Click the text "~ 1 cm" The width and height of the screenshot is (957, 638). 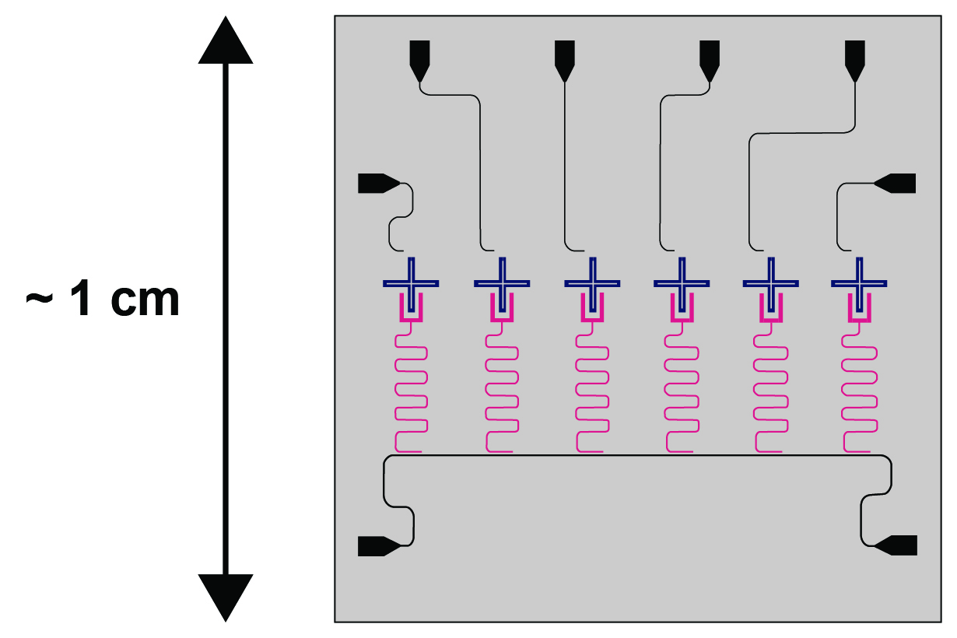103,298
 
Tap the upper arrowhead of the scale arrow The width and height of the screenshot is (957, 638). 226,43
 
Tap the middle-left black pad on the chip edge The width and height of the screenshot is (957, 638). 379,184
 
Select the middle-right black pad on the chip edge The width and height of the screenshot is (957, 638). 895,184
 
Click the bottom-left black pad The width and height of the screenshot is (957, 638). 379,546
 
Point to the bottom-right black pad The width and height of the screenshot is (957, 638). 896,545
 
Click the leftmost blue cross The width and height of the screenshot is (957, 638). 411,283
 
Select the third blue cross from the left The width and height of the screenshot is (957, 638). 593,283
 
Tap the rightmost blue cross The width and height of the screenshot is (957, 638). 859,283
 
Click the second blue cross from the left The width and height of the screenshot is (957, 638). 502,283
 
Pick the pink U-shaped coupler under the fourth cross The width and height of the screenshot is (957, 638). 682,319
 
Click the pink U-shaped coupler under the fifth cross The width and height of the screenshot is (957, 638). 771,319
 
